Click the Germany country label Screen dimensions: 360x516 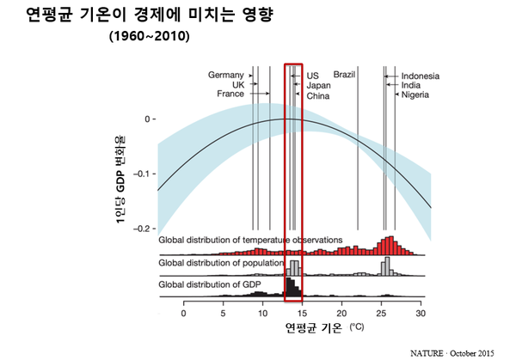226,75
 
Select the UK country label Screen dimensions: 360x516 238,84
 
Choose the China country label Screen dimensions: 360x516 318,95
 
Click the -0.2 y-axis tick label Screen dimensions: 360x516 141,228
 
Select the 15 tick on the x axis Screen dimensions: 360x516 302,313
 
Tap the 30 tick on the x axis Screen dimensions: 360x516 421,313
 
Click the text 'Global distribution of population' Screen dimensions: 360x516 221,263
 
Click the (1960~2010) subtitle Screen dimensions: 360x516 149,40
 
